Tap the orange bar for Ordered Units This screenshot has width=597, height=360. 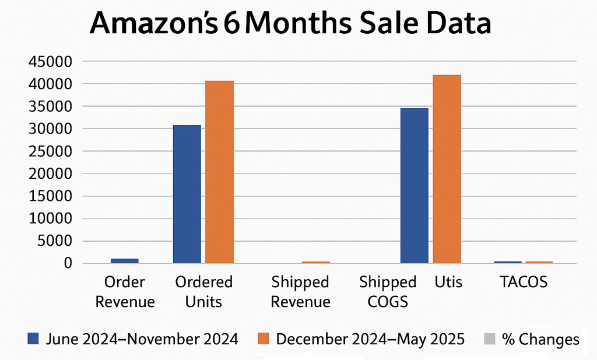pyautogui.click(x=219, y=172)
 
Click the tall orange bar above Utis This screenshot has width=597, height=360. pyautogui.click(x=447, y=169)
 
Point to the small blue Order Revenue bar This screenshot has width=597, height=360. pyautogui.click(x=124, y=261)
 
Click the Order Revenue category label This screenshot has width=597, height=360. pyautogui.click(x=125, y=292)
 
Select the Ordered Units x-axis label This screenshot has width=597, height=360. pyautogui.click(x=203, y=292)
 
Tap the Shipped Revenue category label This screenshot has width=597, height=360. pyautogui.click(x=300, y=292)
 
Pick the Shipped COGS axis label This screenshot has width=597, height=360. pyautogui.click(x=387, y=292)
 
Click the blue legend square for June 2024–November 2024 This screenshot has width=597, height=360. pyautogui.click(x=33, y=338)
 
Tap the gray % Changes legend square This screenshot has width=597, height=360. pyautogui.click(x=489, y=338)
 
